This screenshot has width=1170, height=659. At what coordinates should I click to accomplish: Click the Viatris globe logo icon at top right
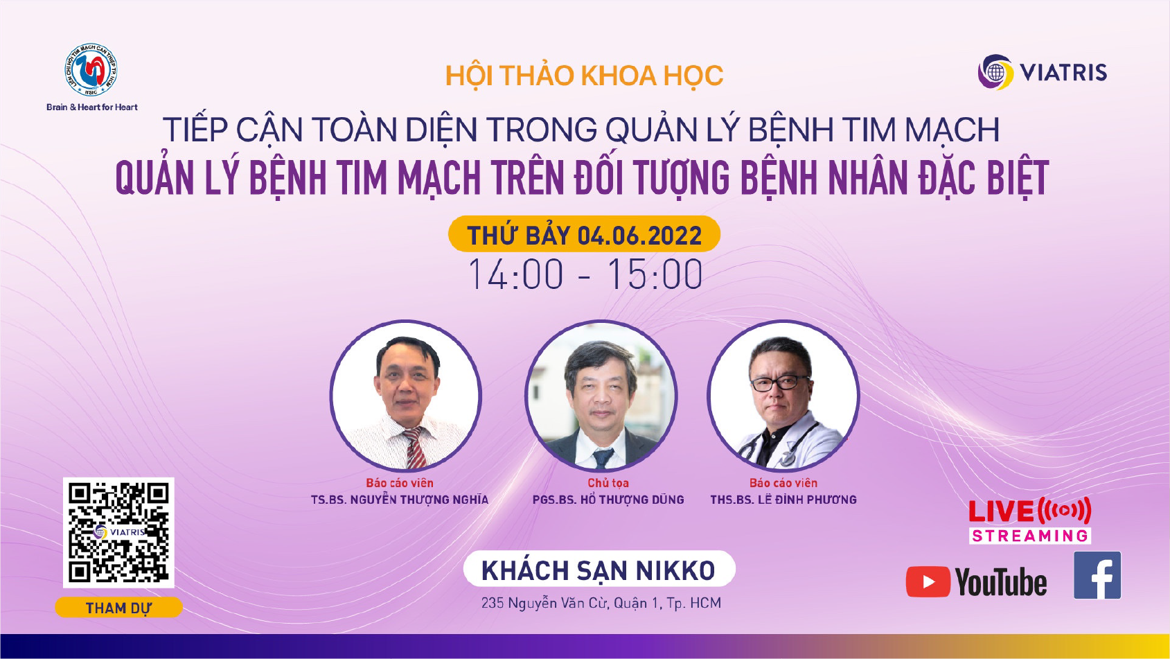coord(995,71)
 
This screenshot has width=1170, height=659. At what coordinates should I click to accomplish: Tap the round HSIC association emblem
coord(91,70)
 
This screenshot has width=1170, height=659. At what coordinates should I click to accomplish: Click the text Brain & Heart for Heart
coord(92,107)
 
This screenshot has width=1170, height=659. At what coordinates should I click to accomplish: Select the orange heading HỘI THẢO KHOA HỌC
coord(584,76)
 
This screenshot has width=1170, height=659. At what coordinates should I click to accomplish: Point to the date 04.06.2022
coord(639,236)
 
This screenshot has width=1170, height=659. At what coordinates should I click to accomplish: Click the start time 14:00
coord(515,274)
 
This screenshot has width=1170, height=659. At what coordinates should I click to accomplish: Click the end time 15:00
coord(655,274)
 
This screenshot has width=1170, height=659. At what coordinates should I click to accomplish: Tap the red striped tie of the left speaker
coord(414,448)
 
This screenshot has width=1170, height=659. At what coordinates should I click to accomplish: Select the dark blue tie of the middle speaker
coord(603,458)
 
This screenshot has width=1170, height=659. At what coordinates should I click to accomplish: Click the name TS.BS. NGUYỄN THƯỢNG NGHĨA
coord(400,500)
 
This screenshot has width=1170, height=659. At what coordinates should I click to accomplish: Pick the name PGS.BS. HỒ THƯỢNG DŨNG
coord(608,500)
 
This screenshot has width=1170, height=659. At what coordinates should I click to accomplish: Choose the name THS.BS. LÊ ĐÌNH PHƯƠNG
coord(783,500)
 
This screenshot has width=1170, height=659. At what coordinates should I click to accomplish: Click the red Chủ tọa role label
coord(608,483)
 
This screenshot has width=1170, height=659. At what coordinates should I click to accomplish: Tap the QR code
coord(118,532)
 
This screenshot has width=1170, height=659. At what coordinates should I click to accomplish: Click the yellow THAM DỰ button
coord(118,608)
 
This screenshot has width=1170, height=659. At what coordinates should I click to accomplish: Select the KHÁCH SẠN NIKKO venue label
coord(599,570)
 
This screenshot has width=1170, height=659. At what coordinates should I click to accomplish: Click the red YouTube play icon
coord(928,581)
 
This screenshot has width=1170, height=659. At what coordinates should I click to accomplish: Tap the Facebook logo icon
coord(1097,575)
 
